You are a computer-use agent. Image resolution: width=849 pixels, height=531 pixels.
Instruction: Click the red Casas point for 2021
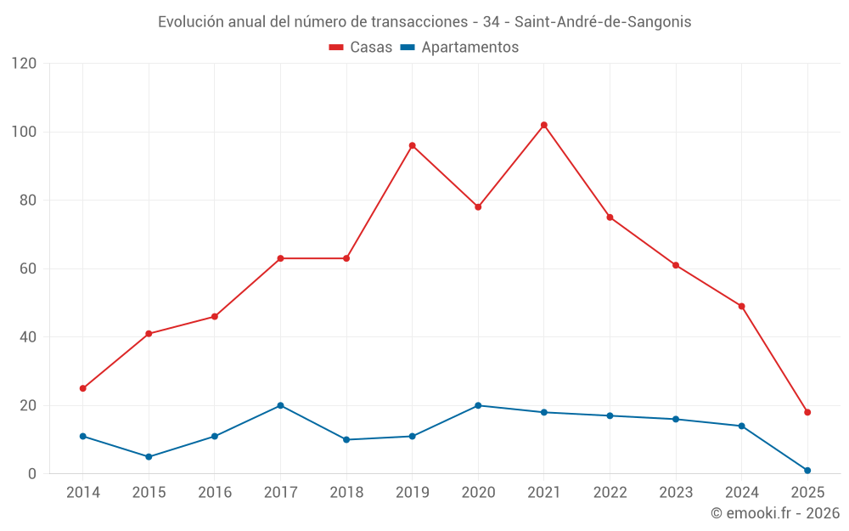point(544,125)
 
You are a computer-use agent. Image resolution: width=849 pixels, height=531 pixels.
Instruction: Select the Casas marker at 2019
point(413,145)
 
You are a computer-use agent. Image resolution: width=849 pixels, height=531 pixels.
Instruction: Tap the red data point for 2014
point(83,388)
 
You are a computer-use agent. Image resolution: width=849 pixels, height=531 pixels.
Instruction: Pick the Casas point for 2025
point(807,412)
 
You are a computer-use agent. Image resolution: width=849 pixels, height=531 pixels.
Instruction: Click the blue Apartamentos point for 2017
point(280,405)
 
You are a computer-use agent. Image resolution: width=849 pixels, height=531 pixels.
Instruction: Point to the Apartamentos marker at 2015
point(149,456)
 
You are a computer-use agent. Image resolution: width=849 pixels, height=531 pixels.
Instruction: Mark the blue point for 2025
point(807,470)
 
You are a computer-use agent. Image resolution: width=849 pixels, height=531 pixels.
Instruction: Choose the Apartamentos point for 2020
point(478,405)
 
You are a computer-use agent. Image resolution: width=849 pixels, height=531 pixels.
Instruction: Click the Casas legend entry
point(361,48)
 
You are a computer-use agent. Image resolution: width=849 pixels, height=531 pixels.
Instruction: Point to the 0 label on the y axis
point(32,473)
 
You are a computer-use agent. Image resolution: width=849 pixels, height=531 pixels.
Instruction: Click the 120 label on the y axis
point(25,64)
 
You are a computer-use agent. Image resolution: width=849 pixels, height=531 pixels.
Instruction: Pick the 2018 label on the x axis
point(346,493)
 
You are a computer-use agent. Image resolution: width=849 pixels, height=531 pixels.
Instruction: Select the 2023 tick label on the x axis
point(676,493)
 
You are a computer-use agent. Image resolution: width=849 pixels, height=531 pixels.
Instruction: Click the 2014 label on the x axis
point(83,493)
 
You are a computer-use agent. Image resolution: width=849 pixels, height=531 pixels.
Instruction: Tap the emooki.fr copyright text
point(775,513)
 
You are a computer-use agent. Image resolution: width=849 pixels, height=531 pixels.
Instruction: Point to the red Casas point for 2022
point(610,217)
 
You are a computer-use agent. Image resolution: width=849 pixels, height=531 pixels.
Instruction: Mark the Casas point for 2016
point(215,316)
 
